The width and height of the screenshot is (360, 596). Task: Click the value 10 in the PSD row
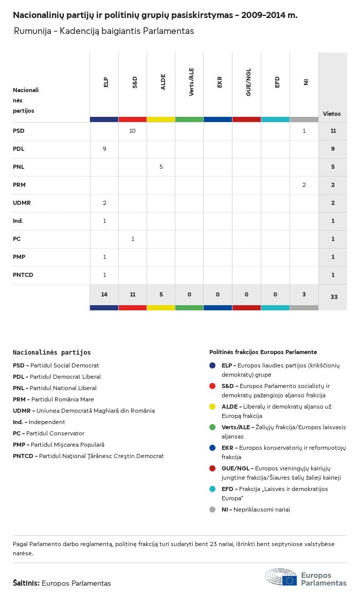coord(132,131)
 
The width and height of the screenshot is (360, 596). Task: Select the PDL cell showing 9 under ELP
coord(104,149)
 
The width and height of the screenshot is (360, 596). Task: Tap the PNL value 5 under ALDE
coord(161,167)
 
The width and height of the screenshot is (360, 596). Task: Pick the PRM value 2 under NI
coord(304,185)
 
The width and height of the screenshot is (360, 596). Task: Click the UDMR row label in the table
coord(22,203)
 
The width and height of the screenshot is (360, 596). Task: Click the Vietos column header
coord(332,114)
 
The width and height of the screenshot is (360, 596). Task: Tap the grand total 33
coord(333,297)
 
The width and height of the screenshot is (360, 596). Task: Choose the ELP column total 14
coord(104,294)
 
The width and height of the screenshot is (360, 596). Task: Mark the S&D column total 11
coord(132,294)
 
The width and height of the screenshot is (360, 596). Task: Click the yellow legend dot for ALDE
coord(212,407)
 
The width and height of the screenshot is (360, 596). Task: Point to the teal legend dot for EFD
coord(212,489)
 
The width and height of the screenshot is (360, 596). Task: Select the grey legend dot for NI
coord(212,510)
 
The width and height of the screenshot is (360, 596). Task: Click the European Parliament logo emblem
coord(281,577)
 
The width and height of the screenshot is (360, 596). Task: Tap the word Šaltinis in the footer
coord(26,583)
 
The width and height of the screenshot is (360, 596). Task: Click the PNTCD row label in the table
coord(23,275)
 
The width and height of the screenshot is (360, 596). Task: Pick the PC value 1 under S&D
coord(133,239)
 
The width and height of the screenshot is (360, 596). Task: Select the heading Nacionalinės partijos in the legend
coord(51,353)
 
